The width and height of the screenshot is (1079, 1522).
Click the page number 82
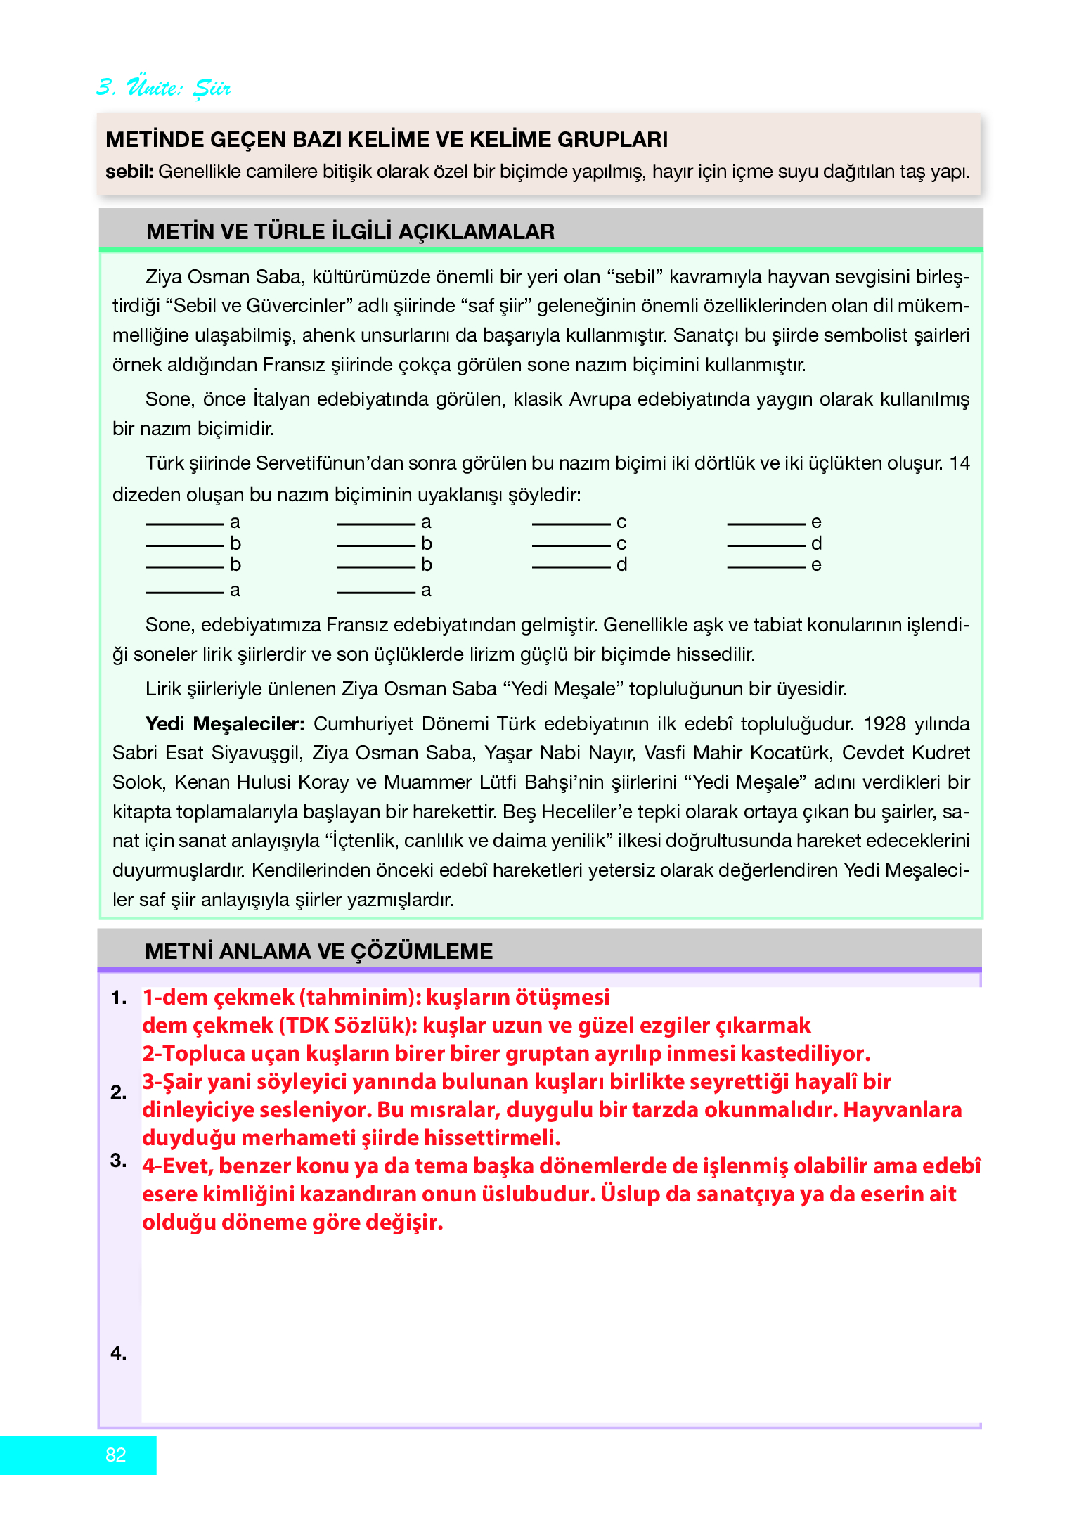point(116,1455)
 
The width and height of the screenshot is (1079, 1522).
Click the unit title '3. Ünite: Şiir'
point(164,88)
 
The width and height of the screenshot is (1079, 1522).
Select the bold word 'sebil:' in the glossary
point(129,172)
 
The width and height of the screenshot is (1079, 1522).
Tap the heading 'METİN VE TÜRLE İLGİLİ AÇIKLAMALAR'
point(350,231)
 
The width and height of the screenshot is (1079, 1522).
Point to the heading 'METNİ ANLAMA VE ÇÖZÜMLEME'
point(318,951)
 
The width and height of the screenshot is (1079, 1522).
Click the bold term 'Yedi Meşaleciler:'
point(225,723)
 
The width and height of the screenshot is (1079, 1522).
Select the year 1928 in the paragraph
point(886,723)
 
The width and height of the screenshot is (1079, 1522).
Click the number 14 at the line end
point(960,463)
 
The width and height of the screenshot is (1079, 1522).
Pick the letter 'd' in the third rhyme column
point(621,565)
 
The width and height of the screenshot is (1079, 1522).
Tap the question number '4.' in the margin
point(119,1353)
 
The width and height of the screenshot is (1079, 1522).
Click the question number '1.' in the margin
point(119,997)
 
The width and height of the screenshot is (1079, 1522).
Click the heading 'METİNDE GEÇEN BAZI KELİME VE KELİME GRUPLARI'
point(387,139)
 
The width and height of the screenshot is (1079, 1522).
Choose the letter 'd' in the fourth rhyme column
point(816,543)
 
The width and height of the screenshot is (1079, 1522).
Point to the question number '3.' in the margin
point(119,1160)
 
